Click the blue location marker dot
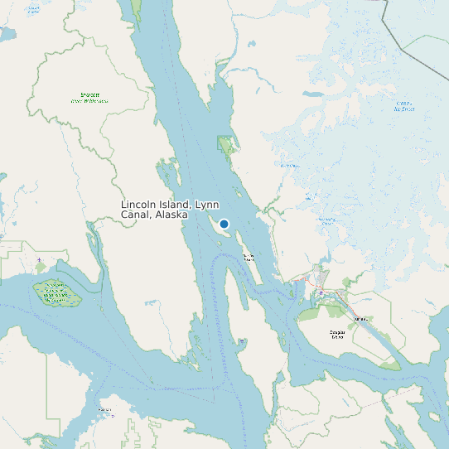point(224,224)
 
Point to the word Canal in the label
point(135,215)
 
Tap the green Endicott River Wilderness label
point(89,98)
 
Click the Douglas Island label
point(336,335)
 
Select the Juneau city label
point(360,317)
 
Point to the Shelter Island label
point(249,257)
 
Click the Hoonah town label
point(104,409)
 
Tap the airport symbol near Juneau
point(321,292)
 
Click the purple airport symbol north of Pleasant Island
point(39,261)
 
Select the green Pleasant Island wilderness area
point(56,292)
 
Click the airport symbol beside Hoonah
point(113,415)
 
